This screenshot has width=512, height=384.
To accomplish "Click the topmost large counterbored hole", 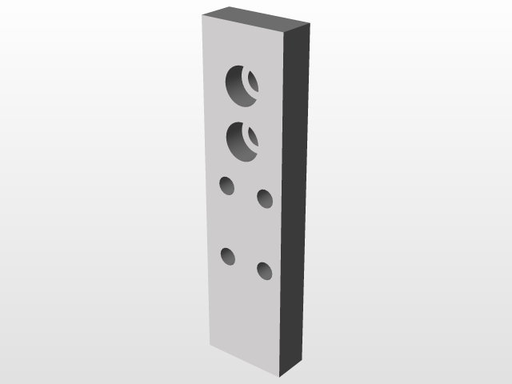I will pyautogui.click(x=242, y=85).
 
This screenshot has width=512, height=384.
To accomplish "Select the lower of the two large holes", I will pyautogui.click(x=242, y=142).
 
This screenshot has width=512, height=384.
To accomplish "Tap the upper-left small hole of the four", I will pyautogui.click(x=227, y=186).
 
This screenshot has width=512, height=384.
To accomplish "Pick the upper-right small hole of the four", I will pyautogui.click(x=264, y=198).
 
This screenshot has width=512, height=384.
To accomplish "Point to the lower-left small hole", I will pyautogui.click(x=228, y=257).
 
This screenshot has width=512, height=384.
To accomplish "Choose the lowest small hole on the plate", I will pyautogui.click(x=264, y=270).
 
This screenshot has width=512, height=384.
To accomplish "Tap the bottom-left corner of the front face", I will pyautogui.click(x=210, y=346).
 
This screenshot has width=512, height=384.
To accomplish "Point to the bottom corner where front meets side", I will pyautogui.click(x=279, y=376).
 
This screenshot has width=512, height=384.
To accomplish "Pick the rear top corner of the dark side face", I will pyautogui.click(x=309, y=22).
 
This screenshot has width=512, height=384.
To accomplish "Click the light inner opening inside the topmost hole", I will pyautogui.click(x=252, y=82).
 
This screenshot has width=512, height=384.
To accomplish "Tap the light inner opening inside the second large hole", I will pyautogui.click(x=253, y=137).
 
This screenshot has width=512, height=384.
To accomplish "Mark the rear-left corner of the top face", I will pyautogui.click(x=232, y=8).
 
